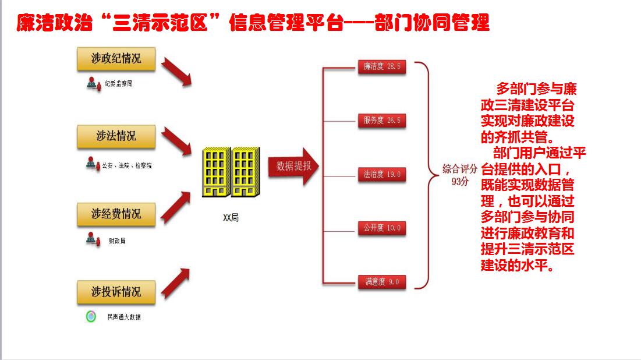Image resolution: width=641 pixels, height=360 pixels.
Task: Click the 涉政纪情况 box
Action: pyautogui.click(x=116, y=59)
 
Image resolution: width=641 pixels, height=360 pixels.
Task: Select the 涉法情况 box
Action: pyautogui.click(x=116, y=136)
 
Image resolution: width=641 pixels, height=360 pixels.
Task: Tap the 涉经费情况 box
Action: pyautogui.click(x=116, y=214)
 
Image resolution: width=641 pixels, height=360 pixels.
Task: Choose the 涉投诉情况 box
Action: pyautogui.click(x=116, y=292)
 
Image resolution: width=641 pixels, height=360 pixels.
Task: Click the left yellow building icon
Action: pyautogui.click(x=216, y=172)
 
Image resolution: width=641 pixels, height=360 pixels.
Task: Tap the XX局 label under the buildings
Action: pyautogui.click(x=231, y=218)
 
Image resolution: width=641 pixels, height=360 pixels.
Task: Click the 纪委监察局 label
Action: pyautogui.click(x=119, y=84)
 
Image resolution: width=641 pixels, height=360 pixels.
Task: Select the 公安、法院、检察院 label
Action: pyautogui.click(x=127, y=165)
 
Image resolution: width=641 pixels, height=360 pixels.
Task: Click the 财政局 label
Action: pyautogui.click(x=116, y=241)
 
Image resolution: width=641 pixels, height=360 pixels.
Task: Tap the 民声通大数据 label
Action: pyautogui.click(x=123, y=317)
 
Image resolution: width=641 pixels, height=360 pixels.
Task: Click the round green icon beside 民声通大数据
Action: pyautogui.click(x=91, y=317)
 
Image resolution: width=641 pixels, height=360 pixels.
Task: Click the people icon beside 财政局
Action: pyautogui.click(x=91, y=239)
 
